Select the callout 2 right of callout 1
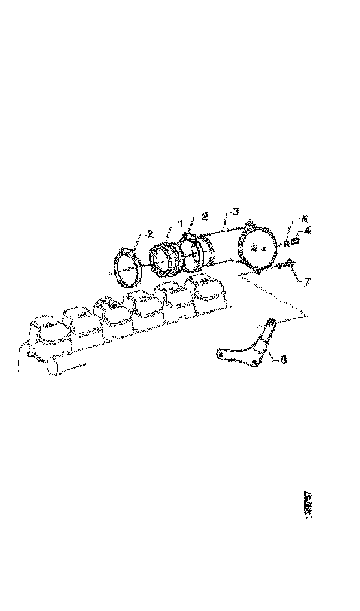tap(205, 216)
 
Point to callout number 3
tap(236, 212)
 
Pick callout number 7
tap(307, 281)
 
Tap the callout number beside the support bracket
tap(283, 360)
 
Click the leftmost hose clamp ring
tap(127, 269)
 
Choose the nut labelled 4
tap(296, 240)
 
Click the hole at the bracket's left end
tap(220, 353)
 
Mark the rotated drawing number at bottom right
tap(309, 504)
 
